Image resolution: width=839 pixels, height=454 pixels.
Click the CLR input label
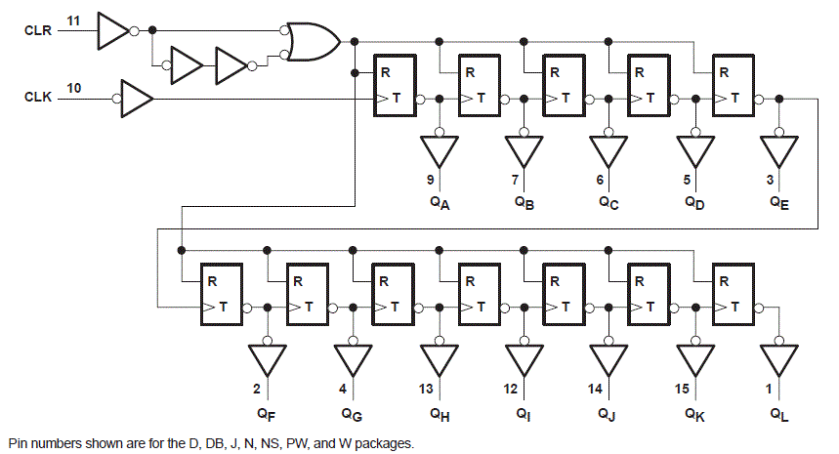(38, 31)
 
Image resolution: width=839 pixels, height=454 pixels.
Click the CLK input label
(38, 98)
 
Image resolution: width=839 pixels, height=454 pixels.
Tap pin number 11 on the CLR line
(74, 21)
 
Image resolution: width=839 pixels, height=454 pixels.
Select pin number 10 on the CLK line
(74, 88)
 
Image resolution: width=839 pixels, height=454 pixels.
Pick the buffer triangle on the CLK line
(136, 98)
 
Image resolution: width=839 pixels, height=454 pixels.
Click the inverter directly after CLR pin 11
(112, 31)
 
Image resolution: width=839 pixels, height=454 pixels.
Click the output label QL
(779, 415)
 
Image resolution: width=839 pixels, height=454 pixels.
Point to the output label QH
(440, 415)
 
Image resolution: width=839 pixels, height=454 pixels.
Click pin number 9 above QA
(430, 180)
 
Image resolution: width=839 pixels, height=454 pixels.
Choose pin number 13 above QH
(427, 389)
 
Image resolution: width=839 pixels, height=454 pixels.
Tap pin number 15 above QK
(681, 389)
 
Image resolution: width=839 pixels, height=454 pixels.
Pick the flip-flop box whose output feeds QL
(736, 295)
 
